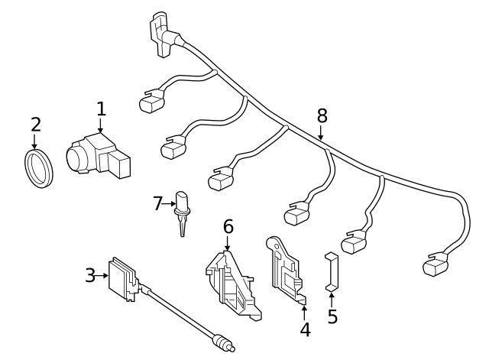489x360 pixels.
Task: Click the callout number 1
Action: [x=101, y=109]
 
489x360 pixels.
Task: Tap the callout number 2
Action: [x=35, y=124]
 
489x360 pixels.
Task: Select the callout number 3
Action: [x=90, y=275]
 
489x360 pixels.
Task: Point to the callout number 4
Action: [x=305, y=330]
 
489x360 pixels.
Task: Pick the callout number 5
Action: [x=332, y=316]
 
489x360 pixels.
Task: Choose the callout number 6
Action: [x=228, y=226]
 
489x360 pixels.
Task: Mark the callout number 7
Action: [x=158, y=203]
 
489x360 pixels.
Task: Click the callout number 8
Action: [x=322, y=115]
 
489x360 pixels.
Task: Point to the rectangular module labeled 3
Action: [x=124, y=280]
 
